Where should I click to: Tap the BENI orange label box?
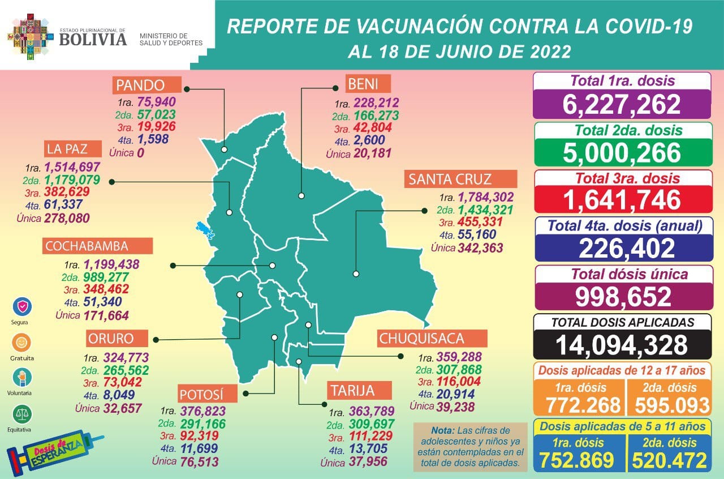coord(368,85)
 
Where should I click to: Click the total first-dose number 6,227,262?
coord(622,104)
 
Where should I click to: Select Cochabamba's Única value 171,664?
coord(106,315)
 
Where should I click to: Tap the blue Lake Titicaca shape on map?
coord(204,230)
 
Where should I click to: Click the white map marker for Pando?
coord(225,150)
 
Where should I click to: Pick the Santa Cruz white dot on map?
coord(356,273)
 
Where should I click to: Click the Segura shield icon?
coord(22,306)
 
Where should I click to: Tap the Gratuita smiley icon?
coord(22,342)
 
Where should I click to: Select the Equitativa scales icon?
coord(22,414)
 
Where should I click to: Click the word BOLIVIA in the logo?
coord(93,39)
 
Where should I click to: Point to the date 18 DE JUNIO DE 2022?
coord(459,52)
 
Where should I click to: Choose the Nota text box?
coord(471,447)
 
